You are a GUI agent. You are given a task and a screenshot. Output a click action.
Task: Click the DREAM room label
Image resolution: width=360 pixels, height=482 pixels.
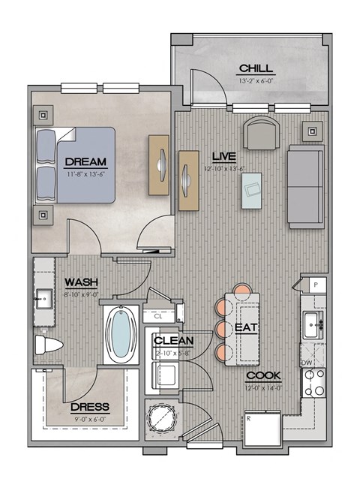pyautogui.click(x=85, y=161)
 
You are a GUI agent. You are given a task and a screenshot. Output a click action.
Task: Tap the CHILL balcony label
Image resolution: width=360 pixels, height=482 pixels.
pyautogui.click(x=256, y=69)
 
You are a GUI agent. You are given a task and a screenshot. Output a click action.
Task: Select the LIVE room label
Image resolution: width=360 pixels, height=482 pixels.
pyautogui.click(x=223, y=156)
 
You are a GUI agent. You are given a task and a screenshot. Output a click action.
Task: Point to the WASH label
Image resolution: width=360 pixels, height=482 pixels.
pyautogui.click(x=79, y=282)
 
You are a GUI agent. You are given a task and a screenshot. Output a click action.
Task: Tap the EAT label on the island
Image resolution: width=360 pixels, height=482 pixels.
pyautogui.click(x=248, y=328)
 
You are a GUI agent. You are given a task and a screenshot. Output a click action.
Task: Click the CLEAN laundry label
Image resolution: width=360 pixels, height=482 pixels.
pyautogui.click(x=174, y=340)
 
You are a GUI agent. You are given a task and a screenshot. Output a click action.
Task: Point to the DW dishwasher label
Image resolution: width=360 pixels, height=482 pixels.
pyautogui.click(x=307, y=362)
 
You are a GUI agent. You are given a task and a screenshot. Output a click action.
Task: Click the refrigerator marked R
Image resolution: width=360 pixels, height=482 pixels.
pyautogui.click(x=259, y=429)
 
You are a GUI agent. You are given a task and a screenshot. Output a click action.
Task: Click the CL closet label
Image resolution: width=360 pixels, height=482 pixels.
pyautogui.click(x=158, y=317)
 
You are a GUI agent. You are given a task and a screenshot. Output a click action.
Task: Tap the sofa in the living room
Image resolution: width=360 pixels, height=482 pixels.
pyautogui.click(x=304, y=187)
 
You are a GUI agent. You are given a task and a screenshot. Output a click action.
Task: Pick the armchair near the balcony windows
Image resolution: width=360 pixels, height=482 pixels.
pyautogui.click(x=260, y=134)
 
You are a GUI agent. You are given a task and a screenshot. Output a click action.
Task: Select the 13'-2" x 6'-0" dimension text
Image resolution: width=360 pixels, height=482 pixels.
pyautogui.click(x=256, y=80)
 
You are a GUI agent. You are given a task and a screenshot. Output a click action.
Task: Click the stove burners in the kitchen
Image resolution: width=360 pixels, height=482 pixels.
pyautogui.click(x=314, y=383)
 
